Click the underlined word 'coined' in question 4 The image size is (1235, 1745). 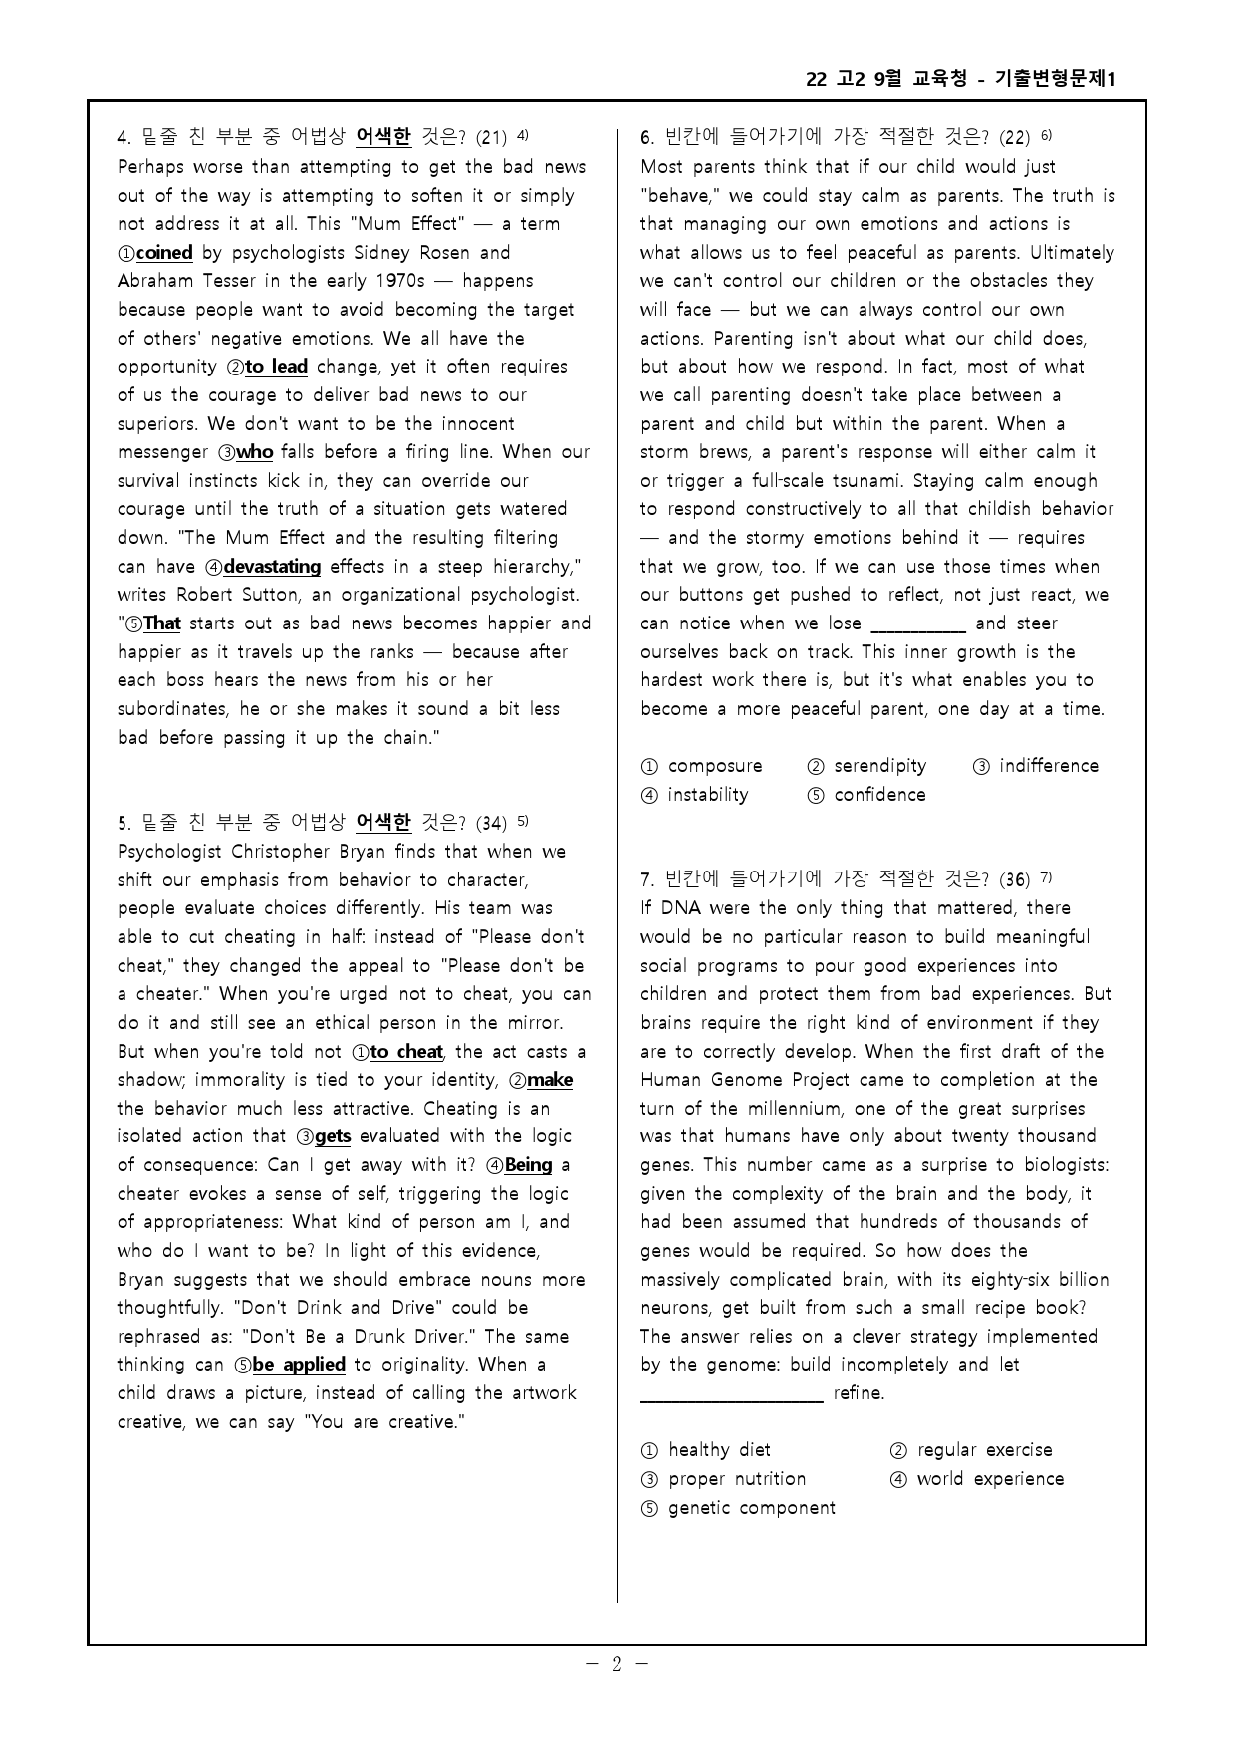(x=164, y=253)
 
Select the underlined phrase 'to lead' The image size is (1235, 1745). (x=276, y=367)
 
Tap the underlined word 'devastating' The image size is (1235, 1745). (x=272, y=567)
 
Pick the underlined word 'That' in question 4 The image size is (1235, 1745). (x=161, y=624)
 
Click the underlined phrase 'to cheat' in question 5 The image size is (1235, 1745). (x=406, y=1052)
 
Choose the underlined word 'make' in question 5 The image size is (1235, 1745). (x=549, y=1080)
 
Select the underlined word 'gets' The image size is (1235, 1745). (x=333, y=1136)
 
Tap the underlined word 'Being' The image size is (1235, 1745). (x=528, y=1165)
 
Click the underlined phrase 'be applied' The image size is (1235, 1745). (x=299, y=1365)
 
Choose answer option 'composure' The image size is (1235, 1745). (x=714, y=766)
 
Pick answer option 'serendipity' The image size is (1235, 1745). (x=879, y=766)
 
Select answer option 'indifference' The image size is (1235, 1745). (x=1048, y=766)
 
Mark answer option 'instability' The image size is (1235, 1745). (x=707, y=795)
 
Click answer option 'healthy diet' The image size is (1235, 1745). (x=718, y=1450)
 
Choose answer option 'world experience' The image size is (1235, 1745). (x=989, y=1479)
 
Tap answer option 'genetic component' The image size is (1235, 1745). (x=751, y=1508)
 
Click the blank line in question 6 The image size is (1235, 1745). (x=918, y=629)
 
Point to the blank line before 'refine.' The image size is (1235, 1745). (x=731, y=1399)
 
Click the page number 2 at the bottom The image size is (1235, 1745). (x=617, y=1664)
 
